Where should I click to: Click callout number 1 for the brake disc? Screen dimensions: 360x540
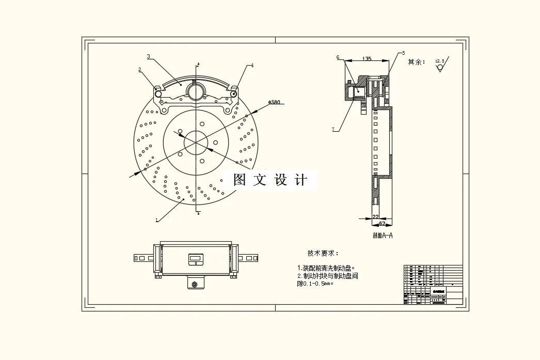pos(156,220)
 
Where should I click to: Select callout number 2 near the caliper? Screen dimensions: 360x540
pos(139,69)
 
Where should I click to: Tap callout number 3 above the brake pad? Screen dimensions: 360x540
pos(148,56)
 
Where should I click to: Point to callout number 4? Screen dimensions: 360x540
pos(252,66)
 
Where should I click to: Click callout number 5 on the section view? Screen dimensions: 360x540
pos(403,53)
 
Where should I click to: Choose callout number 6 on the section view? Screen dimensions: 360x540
pos(338,57)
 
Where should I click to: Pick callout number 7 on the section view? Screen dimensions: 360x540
pos(334,129)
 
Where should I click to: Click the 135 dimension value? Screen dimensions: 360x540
pos(367,59)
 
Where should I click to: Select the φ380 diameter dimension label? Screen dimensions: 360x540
pos(274,102)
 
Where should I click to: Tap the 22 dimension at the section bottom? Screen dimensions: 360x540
pos(375,217)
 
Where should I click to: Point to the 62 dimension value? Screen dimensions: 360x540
pos(382,223)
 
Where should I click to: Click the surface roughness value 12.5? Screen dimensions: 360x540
pos(440,61)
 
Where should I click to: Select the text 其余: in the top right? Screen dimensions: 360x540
pos(416,62)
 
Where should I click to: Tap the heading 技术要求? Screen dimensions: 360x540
pos(323,253)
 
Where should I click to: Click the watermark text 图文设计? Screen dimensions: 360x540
pos(270,180)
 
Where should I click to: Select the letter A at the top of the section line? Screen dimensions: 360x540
pos(198,63)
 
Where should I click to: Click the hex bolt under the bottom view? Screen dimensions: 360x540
pos(195,285)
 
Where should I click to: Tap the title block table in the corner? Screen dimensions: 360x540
pos(433,284)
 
